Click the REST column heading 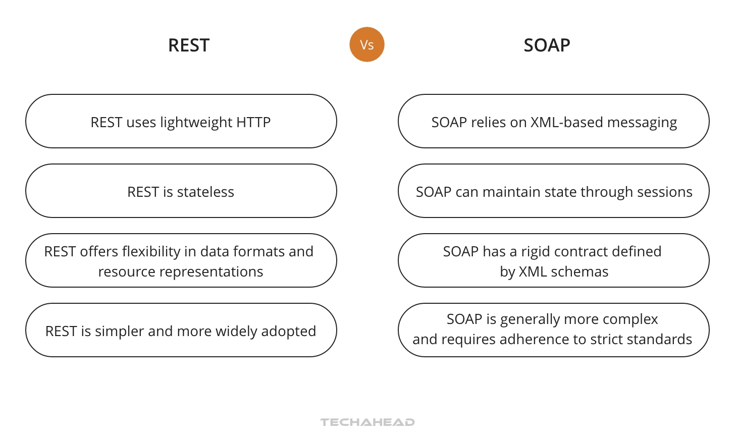[188, 45]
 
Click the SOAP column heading [547, 45]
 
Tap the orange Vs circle [367, 44]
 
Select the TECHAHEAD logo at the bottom [367, 422]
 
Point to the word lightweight [196, 123]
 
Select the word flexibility [151, 251]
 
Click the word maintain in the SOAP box [506, 192]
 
